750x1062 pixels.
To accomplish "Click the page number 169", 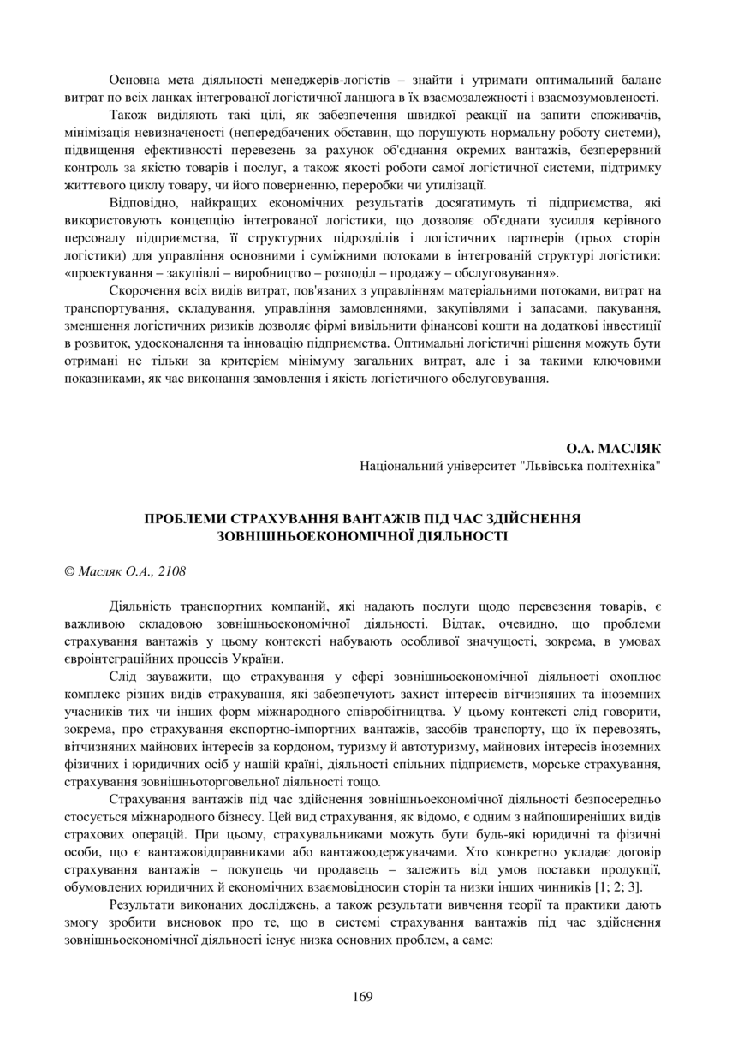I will click(362, 996).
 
